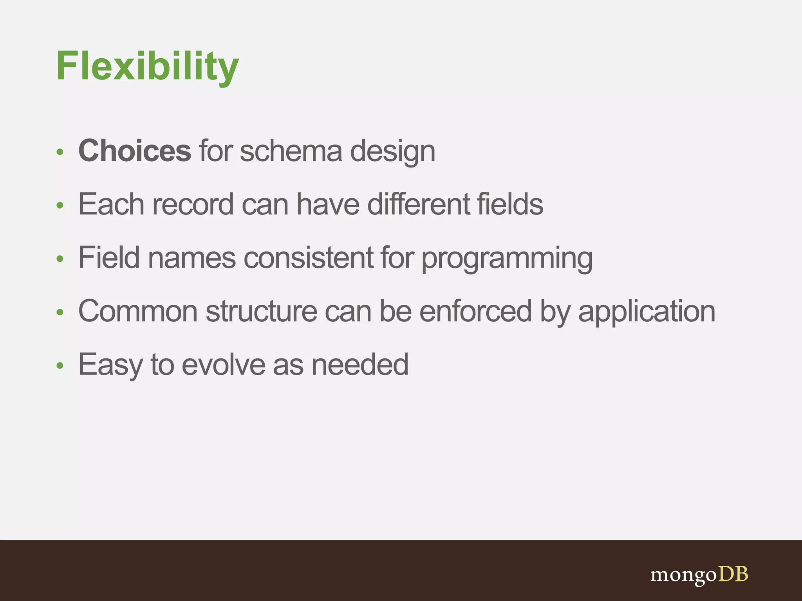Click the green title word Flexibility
click(147, 67)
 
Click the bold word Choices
click(135, 151)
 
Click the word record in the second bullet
click(193, 204)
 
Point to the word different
click(418, 204)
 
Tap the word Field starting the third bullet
click(109, 257)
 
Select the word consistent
click(308, 257)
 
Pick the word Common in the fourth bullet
click(138, 311)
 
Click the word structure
click(261, 311)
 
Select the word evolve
click(223, 365)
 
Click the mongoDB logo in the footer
click(699, 575)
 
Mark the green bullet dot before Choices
click(60, 152)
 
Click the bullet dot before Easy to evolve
click(60, 365)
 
